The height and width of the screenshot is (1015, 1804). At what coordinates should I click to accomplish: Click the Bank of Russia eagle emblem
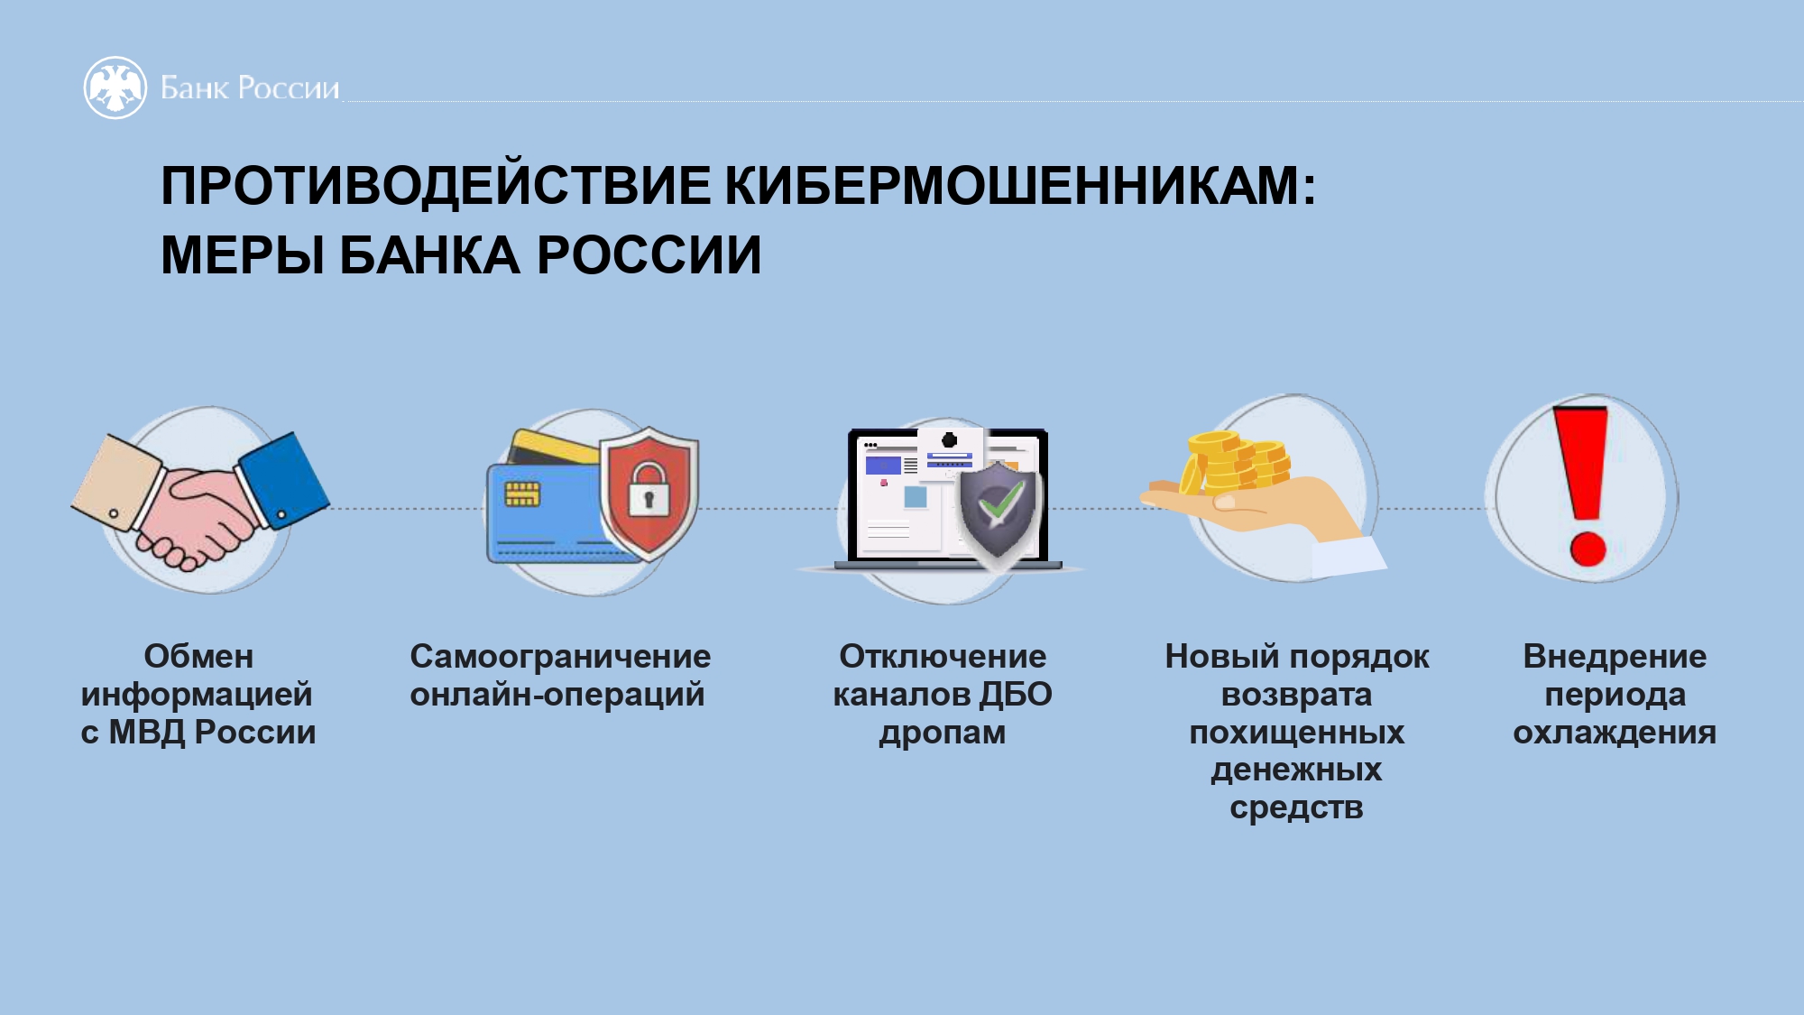coord(115,88)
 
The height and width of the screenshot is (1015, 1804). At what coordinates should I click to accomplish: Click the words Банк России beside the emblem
coord(250,88)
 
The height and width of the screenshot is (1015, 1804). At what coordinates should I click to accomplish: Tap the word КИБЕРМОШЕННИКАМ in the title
coord(1020,186)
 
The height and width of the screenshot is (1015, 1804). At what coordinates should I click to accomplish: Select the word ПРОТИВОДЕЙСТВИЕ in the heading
coord(436,186)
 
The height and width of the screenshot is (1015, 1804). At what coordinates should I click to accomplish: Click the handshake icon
coord(200,501)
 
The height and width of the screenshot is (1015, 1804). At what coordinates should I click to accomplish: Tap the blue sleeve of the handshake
coord(281,480)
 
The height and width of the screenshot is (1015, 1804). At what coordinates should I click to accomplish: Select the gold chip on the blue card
coord(522,494)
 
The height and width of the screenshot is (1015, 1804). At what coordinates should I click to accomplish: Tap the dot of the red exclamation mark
coord(1588,548)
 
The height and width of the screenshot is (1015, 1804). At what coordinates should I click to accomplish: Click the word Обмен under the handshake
coord(198,656)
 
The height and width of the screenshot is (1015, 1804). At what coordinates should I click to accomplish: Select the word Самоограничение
coord(560,656)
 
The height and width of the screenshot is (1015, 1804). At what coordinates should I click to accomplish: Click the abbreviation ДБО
coord(1016,695)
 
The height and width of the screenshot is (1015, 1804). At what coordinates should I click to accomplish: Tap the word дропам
coord(943,733)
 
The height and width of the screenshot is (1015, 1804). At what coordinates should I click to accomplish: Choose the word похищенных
coord(1297,733)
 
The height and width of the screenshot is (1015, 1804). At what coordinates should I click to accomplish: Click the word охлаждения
coord(1615,733)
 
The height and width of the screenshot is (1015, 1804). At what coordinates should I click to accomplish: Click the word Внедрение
coord(1615,656)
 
